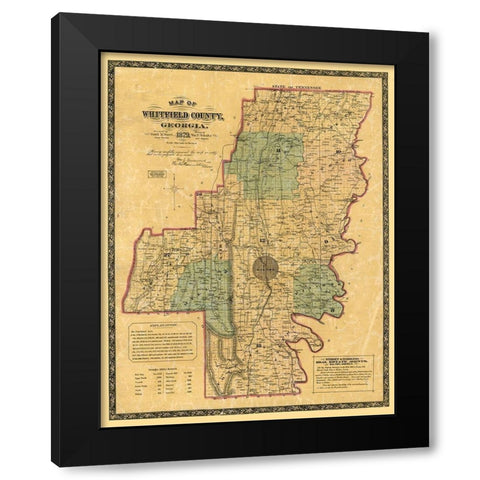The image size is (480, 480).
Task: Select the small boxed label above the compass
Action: pyautogui.click(x=156, y=173)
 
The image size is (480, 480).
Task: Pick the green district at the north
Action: pyautogui.click(x=268, y=165)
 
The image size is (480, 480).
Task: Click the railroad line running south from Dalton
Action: pyautogui.click(x=256, y=320)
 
